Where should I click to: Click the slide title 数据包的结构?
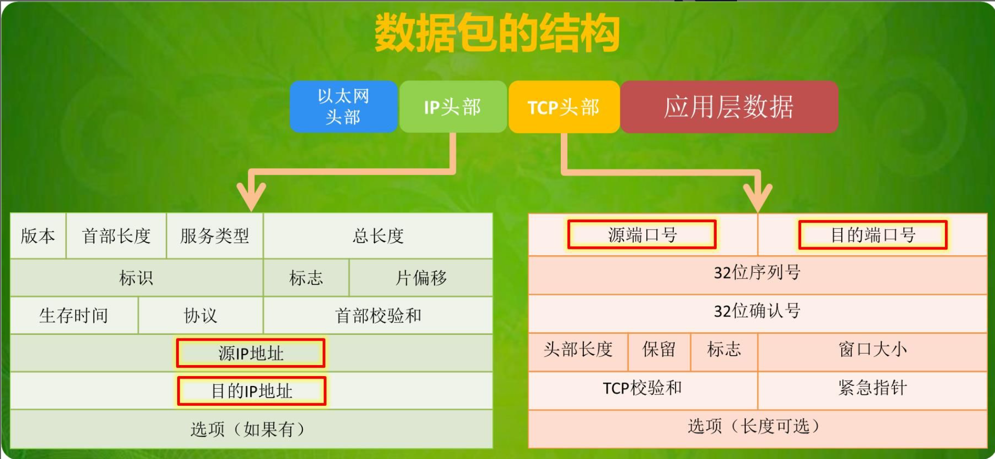497,33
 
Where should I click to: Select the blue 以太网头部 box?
344,106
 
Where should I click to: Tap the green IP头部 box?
453,106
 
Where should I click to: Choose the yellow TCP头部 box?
564,106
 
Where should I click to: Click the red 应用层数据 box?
729,106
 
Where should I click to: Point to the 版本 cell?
38,236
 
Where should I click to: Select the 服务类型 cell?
215,236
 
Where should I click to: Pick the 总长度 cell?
378,236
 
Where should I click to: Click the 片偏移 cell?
421,277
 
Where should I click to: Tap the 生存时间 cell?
74,315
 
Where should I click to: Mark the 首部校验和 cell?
378,315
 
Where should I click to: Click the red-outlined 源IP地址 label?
251,353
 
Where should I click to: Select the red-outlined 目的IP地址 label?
252,391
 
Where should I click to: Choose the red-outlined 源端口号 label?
642,235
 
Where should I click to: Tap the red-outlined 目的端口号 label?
873,235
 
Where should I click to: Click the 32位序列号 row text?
757,272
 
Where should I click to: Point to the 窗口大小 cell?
873,349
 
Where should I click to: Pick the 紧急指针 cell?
873,388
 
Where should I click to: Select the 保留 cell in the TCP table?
659,349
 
